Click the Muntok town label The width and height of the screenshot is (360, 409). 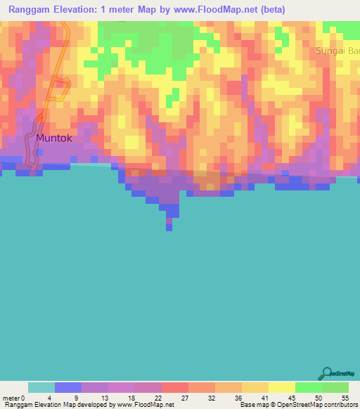click(54, 138)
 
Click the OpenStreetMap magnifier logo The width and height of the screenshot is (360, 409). click(328, 375)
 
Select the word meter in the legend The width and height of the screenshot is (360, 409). click(11, 398)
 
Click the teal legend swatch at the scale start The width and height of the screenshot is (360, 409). click(41, 387)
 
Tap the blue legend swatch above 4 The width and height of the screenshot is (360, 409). click(68, 387)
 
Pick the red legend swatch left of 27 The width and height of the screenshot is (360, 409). click(175, 387)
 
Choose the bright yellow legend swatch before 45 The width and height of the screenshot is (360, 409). click(281, 387)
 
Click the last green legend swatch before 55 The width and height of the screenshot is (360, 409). click(335, 387)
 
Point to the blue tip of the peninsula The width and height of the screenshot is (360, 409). click(169, 224)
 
